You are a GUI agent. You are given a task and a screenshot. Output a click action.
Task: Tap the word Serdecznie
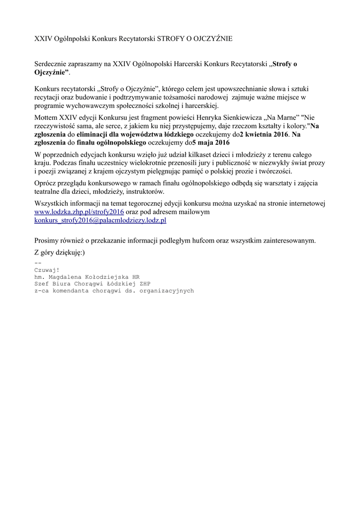click(x=51, y=64)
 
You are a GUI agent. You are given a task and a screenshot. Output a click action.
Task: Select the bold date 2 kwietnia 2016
click(x=265, y=135)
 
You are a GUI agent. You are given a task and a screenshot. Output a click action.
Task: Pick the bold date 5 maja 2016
click(x=211, y=143)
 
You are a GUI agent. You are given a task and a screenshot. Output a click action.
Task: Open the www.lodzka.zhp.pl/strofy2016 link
click(x=79, y=212)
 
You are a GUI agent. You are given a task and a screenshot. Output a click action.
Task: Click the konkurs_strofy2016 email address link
click(x=100, y=220)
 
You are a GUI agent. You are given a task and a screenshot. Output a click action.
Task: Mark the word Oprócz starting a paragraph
click(x=46, y=183)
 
